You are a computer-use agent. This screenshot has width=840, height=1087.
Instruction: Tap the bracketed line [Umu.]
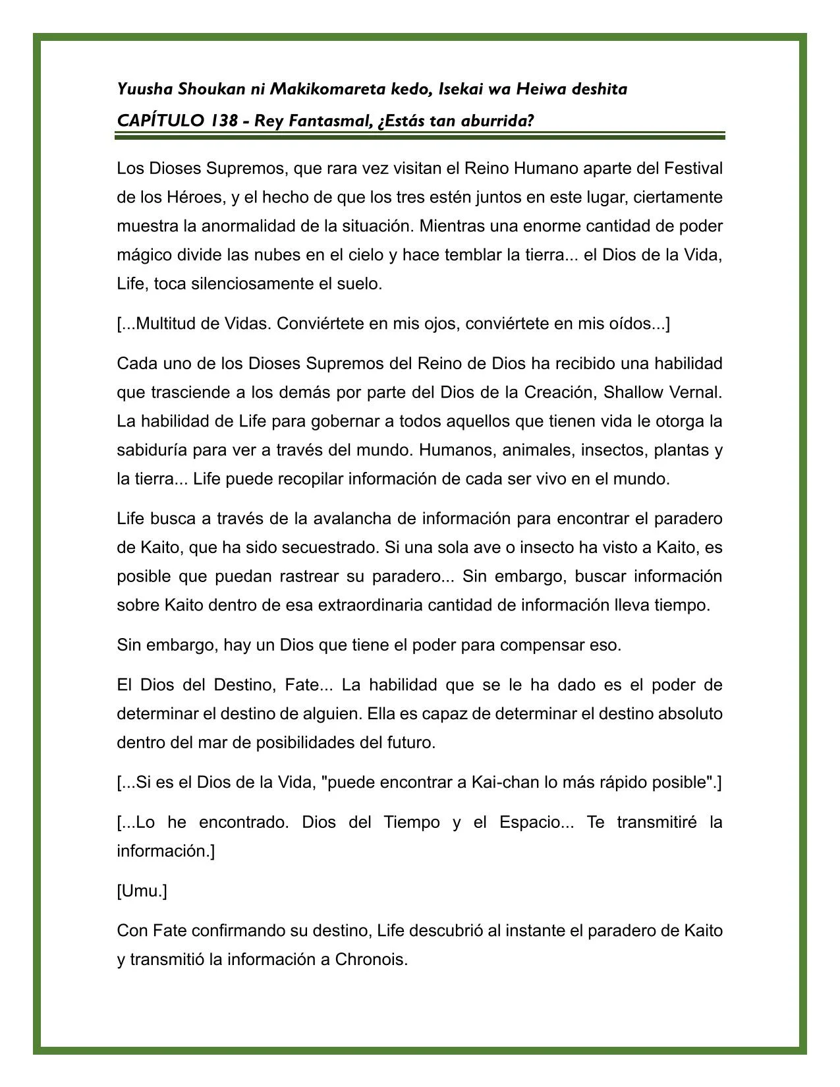[x=142, y=891]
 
